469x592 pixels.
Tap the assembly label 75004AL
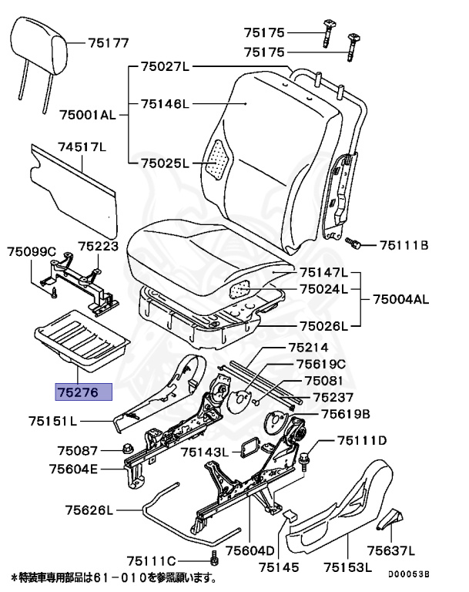(400, 298)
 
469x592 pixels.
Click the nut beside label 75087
(127, 449)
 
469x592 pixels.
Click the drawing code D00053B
(408, 574)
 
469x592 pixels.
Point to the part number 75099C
(32, 251)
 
